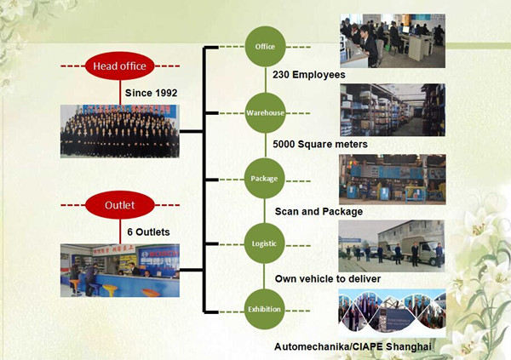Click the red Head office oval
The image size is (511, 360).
119,66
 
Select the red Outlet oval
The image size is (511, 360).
120,205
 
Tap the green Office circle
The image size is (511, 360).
265,47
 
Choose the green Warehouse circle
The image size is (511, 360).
265,112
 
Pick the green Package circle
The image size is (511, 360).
265,178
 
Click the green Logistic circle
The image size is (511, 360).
265,243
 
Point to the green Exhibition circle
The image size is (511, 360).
265,308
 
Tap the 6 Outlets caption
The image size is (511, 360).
148,231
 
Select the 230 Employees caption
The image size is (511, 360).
308,75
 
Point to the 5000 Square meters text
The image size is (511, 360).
319,144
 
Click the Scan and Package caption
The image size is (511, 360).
319,211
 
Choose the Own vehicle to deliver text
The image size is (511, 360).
327,278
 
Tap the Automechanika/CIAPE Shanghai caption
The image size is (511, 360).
353,346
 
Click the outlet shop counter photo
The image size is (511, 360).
119,270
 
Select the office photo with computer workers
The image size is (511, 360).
392,41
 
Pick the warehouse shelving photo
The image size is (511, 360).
392,109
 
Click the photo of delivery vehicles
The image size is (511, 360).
392,243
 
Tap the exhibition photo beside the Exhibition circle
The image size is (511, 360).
392,310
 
